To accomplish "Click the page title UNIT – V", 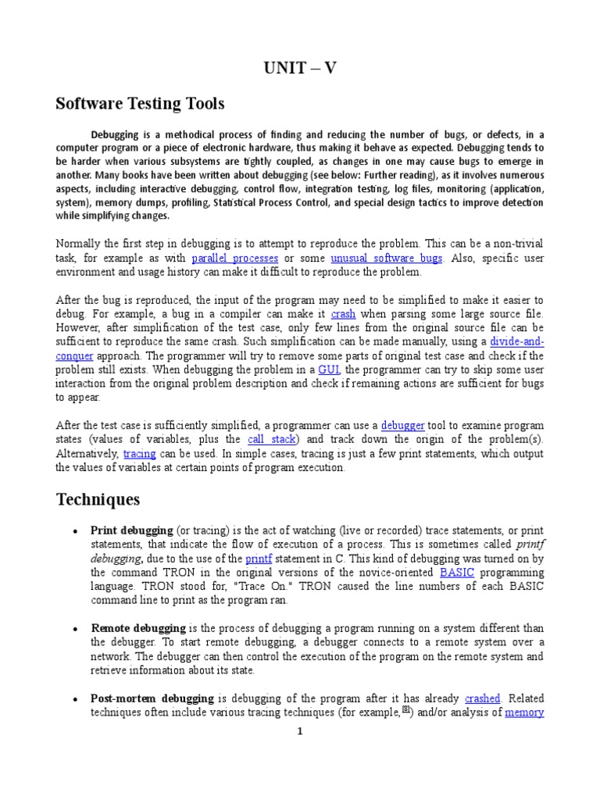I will click(300, 68).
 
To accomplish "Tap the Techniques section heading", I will click(98, 499).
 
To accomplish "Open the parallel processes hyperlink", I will click(234, 258).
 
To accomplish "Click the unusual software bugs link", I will click(387, 258).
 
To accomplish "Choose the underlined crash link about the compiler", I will click(343, 313).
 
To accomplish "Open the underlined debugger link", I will click(402, 425).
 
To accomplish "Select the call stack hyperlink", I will click(273, 439).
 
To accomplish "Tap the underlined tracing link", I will click(140, 453).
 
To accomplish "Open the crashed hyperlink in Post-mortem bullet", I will click(482, 698).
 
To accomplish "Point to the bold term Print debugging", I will click(132, 530).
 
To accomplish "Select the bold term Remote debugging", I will click(138, 628).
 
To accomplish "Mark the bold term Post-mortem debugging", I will click(152, 698).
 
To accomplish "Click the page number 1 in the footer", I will click(299, 731).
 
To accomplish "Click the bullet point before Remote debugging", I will click(74, 629).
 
